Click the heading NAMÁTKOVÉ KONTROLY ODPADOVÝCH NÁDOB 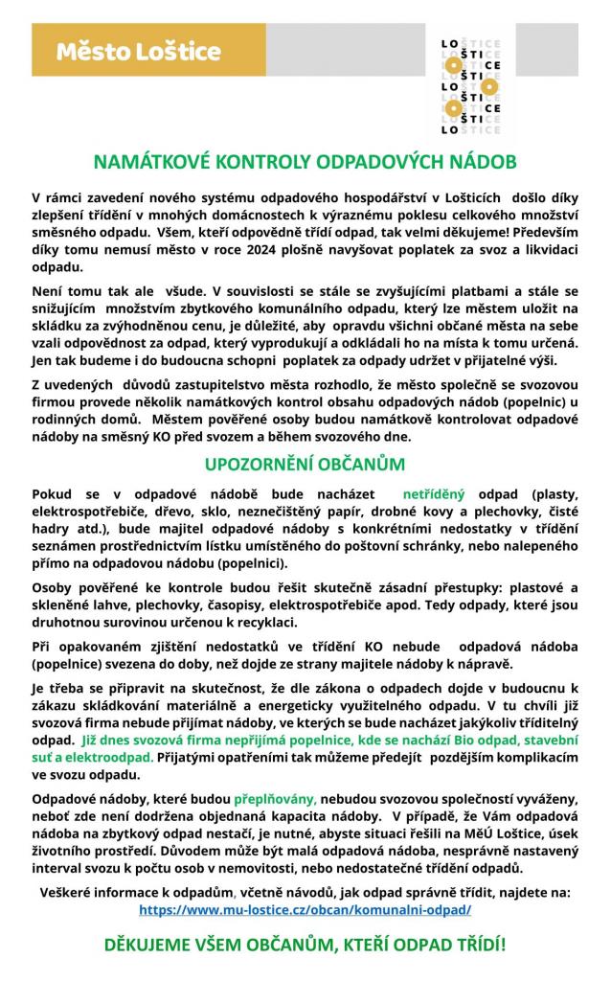(x=305, y=160)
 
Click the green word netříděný (x=433, y=494)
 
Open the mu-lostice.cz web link (x=305, y=909)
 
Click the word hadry (x=52, y=529)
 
